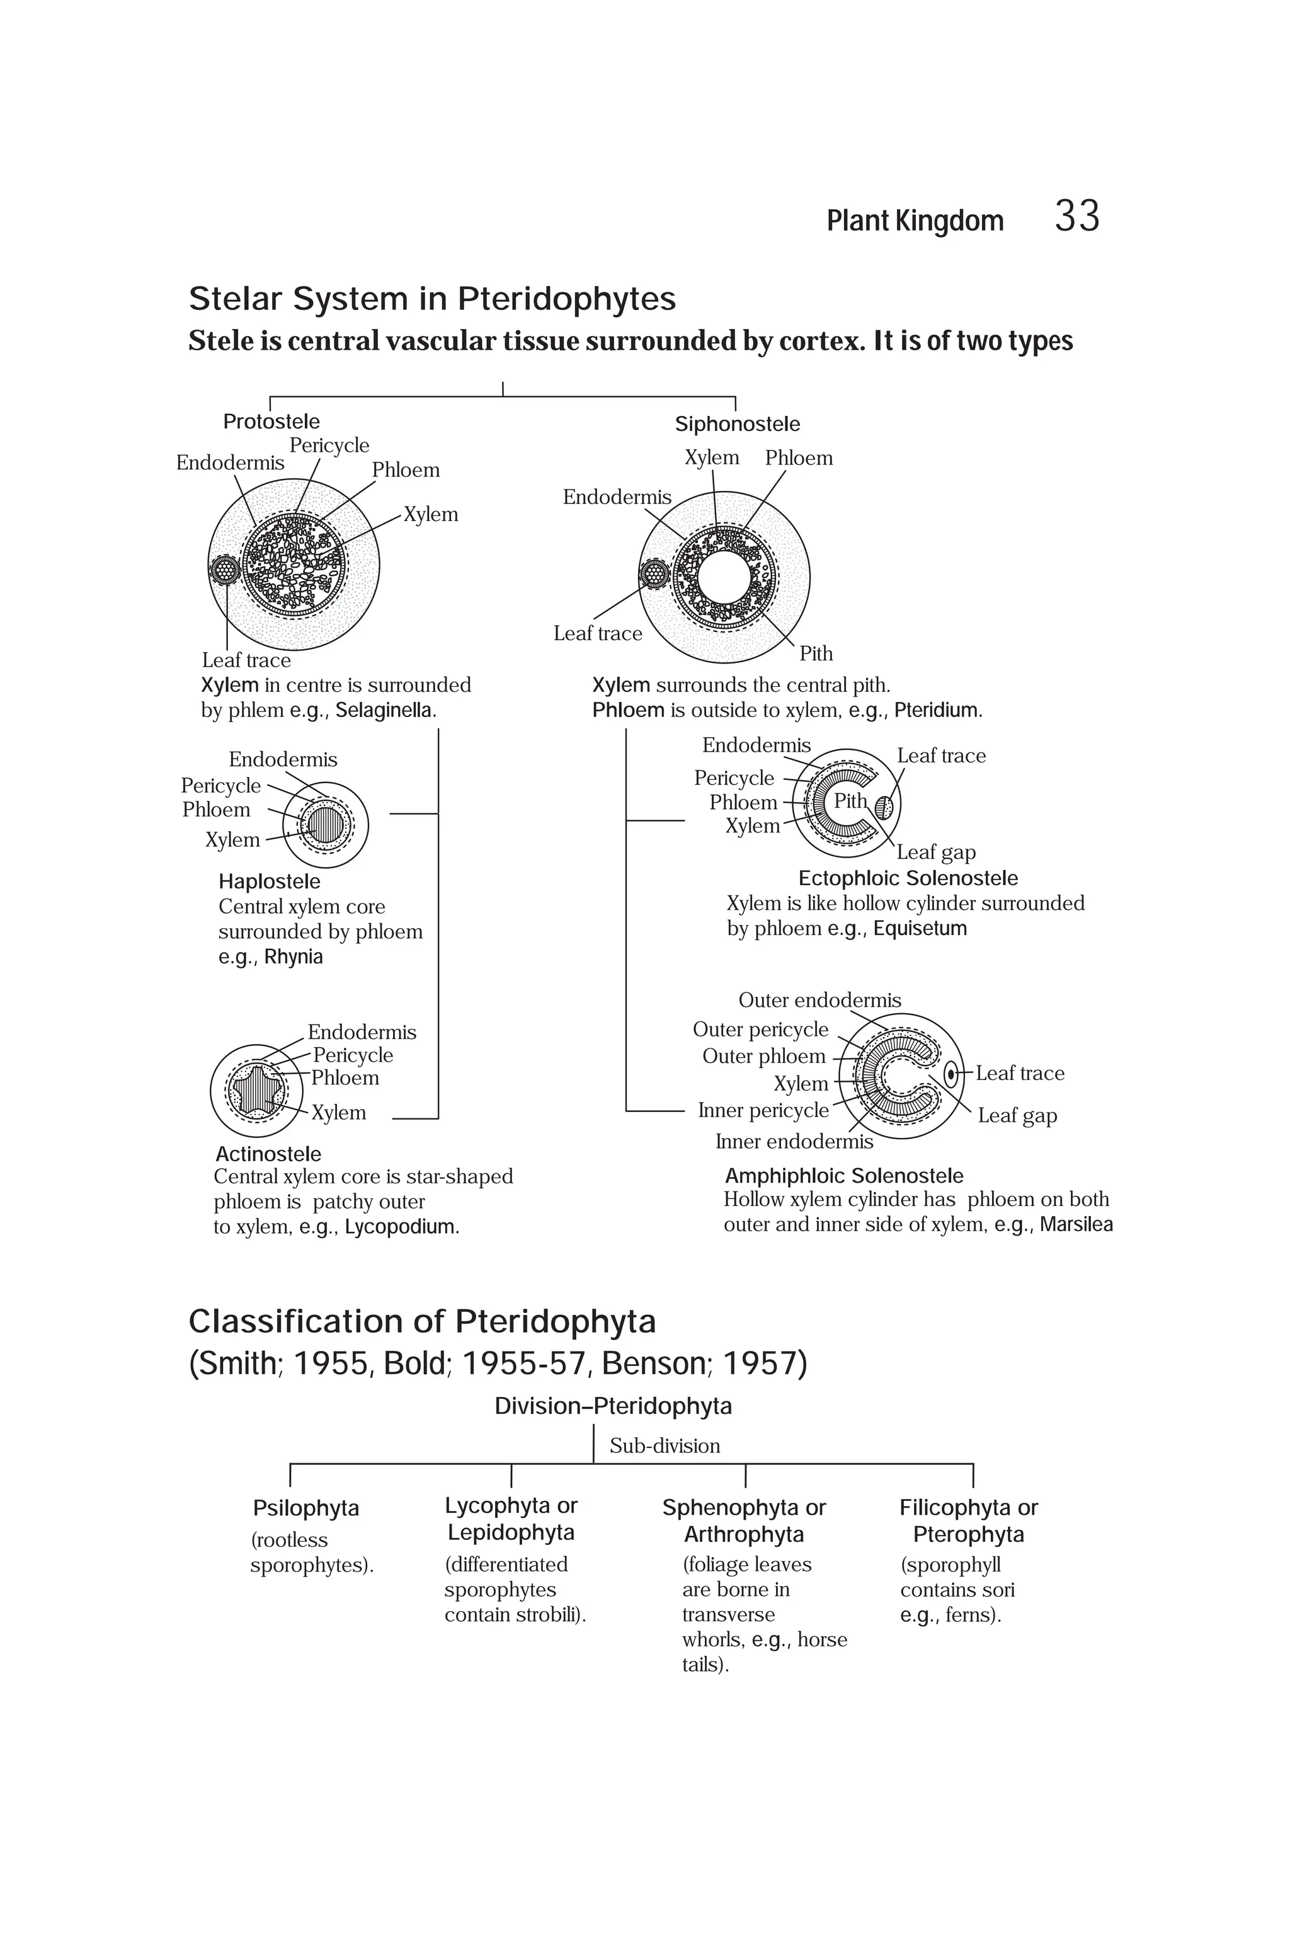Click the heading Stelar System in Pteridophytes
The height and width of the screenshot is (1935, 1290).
click(432, 299)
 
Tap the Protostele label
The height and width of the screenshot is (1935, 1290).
click(271, 422)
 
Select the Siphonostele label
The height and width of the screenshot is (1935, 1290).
click(737, 424)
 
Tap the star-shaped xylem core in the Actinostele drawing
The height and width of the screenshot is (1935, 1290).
click(258, 1092)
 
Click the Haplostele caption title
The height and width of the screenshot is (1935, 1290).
click(269, 881)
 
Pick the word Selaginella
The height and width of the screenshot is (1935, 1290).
click(384, 710)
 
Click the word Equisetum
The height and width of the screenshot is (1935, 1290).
click(920, 928)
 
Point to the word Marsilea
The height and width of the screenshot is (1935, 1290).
click(1075, 1225)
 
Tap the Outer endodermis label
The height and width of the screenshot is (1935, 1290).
click(819, 1000)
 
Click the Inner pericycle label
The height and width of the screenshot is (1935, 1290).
click(763, 1110)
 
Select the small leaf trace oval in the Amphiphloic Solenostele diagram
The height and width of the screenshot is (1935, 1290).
click(951, 1073)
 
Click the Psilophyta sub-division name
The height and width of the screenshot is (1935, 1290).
click(306, 1508)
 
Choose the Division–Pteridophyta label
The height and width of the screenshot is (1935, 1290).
click(613, 1406)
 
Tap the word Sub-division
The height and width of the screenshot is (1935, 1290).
click(665, 1446)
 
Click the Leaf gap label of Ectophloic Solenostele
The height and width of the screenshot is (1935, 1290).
click(935, 852)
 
